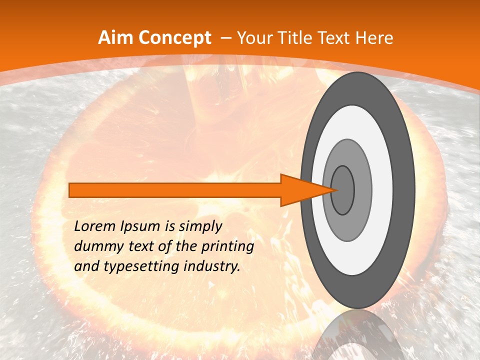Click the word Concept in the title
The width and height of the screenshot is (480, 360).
point(174,38)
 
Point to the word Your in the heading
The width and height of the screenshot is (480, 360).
point(255,38)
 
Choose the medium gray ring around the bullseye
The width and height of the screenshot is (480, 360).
point(362,190)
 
